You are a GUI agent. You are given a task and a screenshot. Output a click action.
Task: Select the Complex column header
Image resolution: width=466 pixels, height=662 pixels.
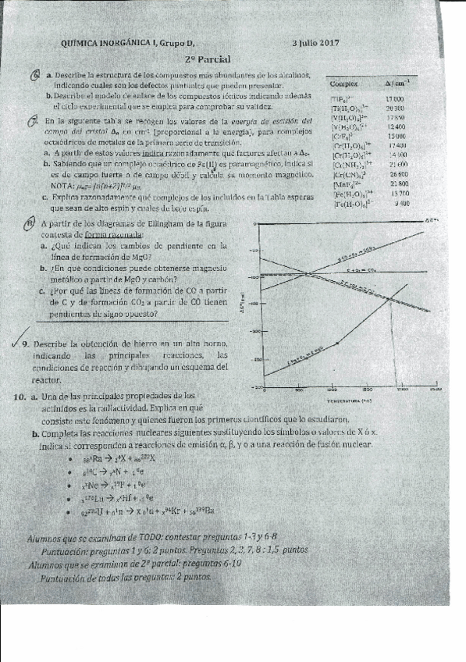point(344,84)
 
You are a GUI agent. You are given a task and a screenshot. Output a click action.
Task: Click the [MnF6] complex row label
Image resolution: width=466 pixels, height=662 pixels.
point(345,184)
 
